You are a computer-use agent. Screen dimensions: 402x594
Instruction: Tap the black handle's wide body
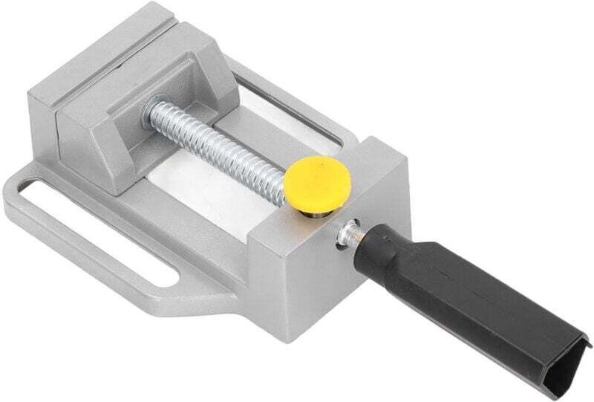click(475, 297)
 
